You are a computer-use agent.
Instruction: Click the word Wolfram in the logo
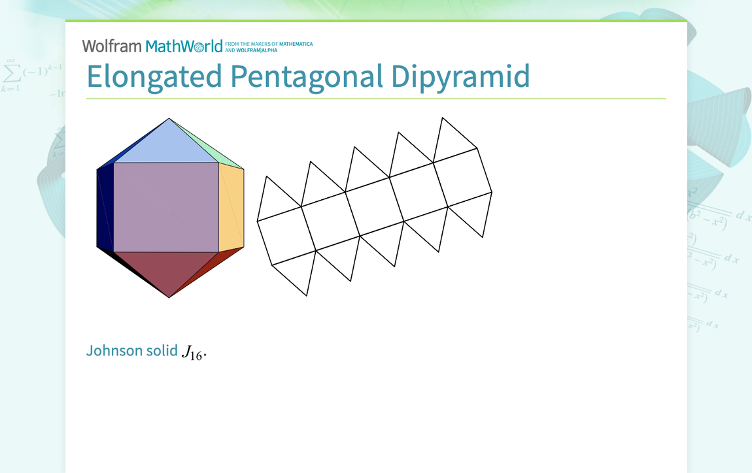[x=111, y=46]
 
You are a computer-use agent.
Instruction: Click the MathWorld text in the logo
[x=184, y=46]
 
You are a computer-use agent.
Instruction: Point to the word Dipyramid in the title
[x=460, y=77]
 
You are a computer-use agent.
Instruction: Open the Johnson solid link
[x=132, y=351]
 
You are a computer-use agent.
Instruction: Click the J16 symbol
[x=193, y=353]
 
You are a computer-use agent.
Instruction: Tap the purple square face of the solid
[x=166, y=207]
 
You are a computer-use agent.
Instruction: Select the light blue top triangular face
[x=168, y=148]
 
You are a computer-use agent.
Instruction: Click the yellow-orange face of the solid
[x=231, y=208]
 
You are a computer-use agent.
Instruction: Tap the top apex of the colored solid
[x=169, y=119]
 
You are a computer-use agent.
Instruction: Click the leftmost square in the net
[x=286, y=236]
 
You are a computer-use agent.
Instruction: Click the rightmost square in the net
[x=462, y=177]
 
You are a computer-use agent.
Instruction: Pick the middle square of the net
[x=375, y=206]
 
